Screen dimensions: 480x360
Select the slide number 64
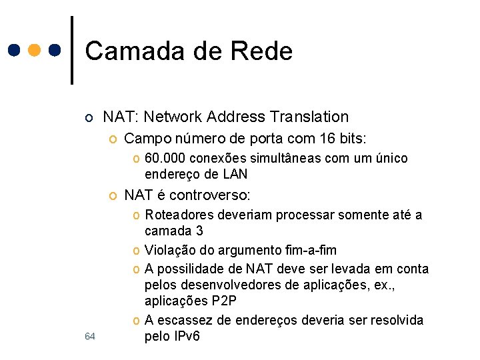pos(91,337)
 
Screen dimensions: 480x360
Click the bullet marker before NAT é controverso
pos(113,196)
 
